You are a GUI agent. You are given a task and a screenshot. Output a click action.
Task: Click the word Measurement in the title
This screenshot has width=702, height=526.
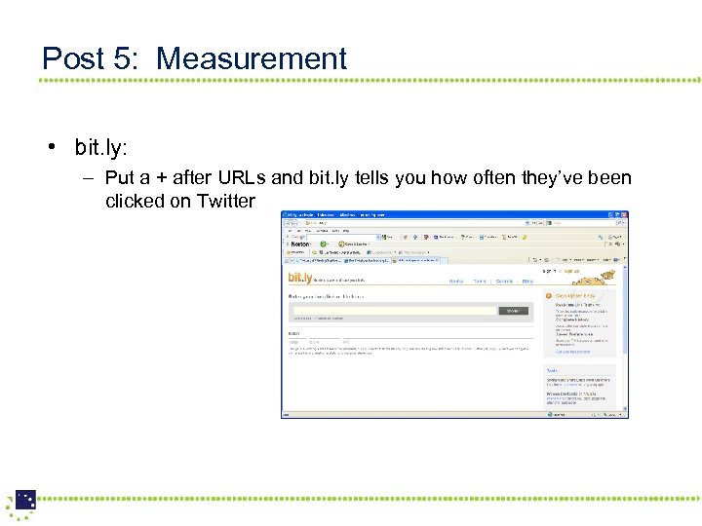(x=252, y=58)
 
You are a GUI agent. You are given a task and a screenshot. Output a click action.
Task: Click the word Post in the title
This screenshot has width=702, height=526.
(x=76, y=58)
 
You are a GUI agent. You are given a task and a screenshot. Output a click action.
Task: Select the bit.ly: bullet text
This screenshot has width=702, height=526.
(x=101, y=147)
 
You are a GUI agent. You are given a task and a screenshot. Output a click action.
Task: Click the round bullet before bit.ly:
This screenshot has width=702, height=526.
(x=48, y=148)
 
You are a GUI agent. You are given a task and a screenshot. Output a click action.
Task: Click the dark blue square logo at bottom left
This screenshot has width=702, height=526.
(x=25, y=501)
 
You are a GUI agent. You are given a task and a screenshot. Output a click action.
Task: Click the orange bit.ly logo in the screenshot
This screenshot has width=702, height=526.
(x=299, y=279)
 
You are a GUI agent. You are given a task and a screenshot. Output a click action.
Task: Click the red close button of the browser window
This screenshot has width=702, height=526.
(x=624, y=215)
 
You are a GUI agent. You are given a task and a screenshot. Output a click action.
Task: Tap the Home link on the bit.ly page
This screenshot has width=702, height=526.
(x=455, y=281)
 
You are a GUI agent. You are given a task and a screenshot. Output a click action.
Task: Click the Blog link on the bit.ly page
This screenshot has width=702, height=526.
(x=527, y=281)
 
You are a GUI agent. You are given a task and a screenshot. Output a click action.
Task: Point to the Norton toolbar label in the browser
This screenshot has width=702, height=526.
(x=300, y=244)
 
